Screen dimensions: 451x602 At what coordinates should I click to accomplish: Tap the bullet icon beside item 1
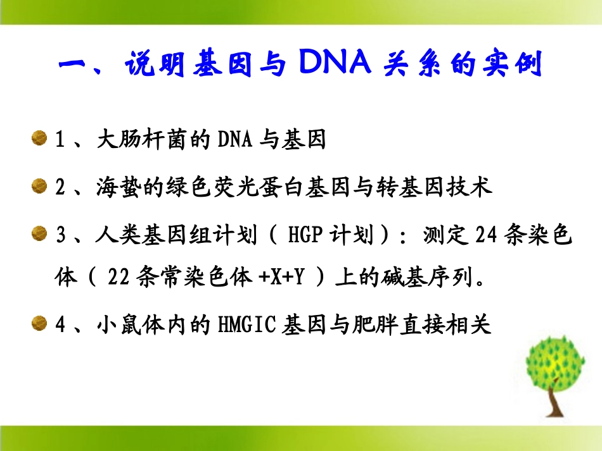pyautogui.click(x=39, y=139)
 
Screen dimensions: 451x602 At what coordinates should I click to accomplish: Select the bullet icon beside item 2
pyautogui.click(x=39, y=186)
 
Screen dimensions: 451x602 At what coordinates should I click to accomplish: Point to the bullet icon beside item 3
pyautogui.click(x=39, y=235)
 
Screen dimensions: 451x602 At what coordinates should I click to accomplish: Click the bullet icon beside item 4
pyautogui.click(x=39, y=324)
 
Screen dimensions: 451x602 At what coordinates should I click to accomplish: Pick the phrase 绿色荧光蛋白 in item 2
pyautogui.click(x=226, y=187)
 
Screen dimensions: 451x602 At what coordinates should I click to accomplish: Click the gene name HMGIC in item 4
pyautogui.click(x=247, y=325)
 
